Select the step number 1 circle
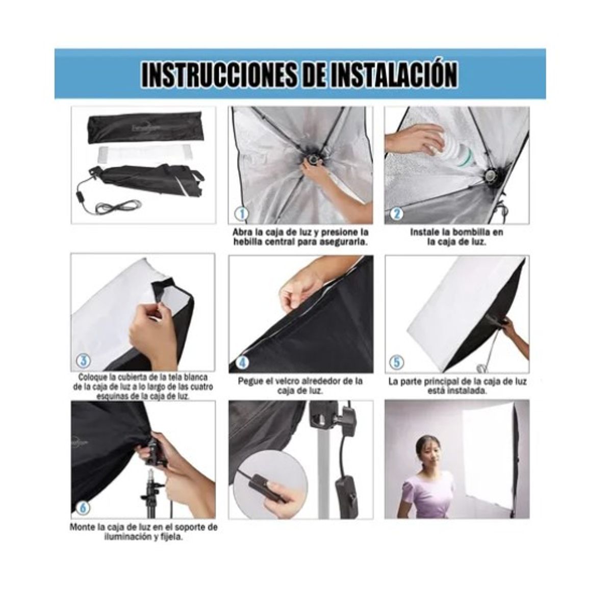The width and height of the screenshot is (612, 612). [x=240, y=213]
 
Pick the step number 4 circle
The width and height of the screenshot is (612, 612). [x=243, y=362]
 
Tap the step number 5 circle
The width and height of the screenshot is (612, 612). [x=396, y=362]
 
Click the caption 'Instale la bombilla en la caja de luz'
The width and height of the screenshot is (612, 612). [x=456, y=237]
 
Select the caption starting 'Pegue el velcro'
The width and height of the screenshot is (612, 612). [x=300, y=386]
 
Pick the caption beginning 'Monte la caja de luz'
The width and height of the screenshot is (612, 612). [x=143, y=532]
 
